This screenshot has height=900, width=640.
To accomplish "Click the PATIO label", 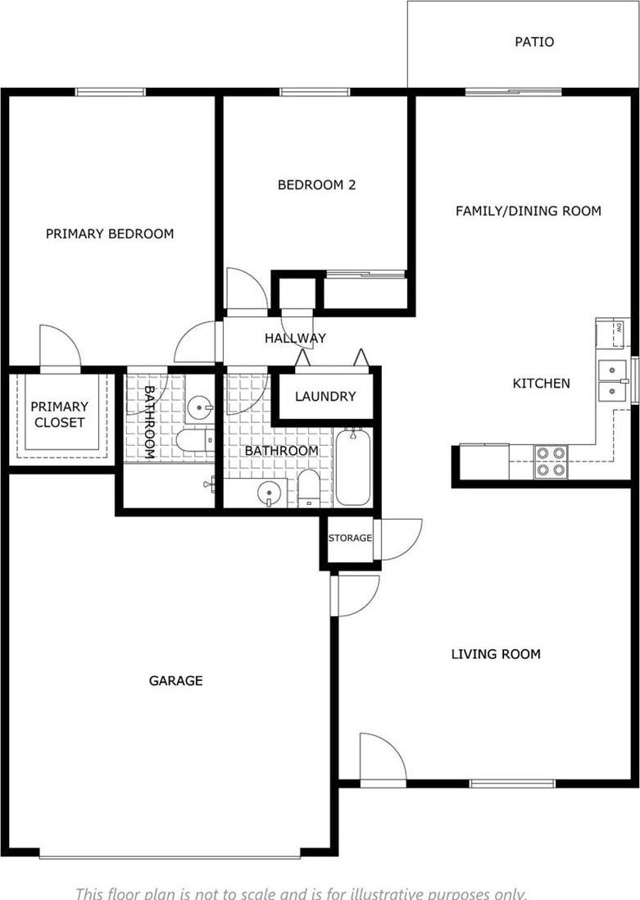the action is [x=533, y=42].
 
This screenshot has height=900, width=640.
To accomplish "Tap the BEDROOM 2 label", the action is [x=316, y=184].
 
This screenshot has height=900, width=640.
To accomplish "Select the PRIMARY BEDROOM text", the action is [x=110, y=234].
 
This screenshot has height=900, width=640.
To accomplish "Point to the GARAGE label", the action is [x=175, y=681].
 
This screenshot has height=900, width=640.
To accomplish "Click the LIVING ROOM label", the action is [x=495, y=654].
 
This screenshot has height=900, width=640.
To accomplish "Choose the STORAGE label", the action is [x=350, y=538].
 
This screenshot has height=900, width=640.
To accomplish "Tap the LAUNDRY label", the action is [x=325, y=397].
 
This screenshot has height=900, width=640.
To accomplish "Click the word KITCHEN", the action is [x=542, y=384].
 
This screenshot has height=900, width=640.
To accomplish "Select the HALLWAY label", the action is [x=295, y=338].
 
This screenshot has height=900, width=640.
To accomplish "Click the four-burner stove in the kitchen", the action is [x=551, y=462].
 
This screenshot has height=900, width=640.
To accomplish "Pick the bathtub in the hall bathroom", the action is [x=353, y=467].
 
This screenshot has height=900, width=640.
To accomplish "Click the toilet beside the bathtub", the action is [x=308, y=489].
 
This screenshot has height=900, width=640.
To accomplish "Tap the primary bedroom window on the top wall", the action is [x=110, y=92].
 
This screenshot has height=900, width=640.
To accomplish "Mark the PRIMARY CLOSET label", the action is [x=59, y=415].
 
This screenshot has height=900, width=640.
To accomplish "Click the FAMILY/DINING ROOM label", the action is [x=528, y=211].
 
